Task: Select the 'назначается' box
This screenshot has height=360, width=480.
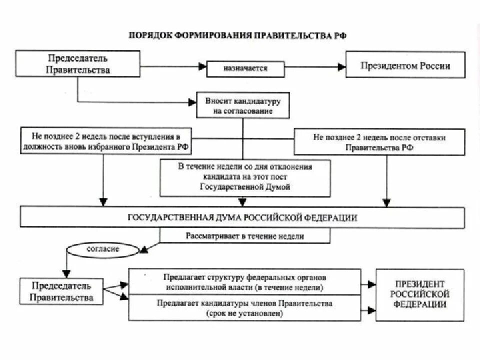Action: pos(245,68)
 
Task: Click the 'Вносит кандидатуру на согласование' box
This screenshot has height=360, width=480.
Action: pos(242,106)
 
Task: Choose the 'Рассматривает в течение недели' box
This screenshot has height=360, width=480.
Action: pos(245,236)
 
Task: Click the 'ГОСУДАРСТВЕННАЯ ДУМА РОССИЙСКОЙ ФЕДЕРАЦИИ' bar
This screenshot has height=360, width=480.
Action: pos(242,217)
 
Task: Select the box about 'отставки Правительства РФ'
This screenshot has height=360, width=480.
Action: pos(379,142)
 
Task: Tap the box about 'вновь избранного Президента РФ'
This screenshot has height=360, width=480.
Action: pos(105,141)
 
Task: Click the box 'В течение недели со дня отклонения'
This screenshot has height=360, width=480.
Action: pos(245,177)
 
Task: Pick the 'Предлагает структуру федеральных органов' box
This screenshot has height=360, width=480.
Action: pos(244,282)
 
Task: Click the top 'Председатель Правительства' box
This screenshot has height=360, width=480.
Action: pos(78,64)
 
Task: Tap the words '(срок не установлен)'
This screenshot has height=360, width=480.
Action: pos(244,314)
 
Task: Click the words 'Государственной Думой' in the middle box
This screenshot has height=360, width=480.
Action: pos(245,186)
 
